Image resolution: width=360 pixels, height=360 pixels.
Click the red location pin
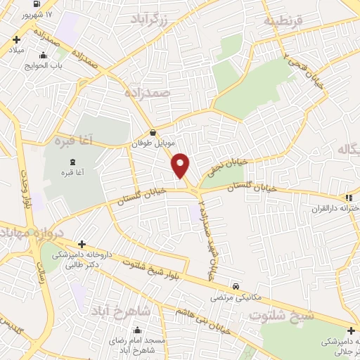click(181, 165)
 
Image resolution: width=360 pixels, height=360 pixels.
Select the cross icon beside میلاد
click(15, 41)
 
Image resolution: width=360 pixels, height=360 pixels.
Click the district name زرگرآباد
click(150, 21)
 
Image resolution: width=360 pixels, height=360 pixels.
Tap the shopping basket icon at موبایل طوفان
click(153, 132)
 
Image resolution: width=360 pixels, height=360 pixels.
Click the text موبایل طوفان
click(151, 143)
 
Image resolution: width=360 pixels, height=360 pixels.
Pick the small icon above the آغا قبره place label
click(73, 162)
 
